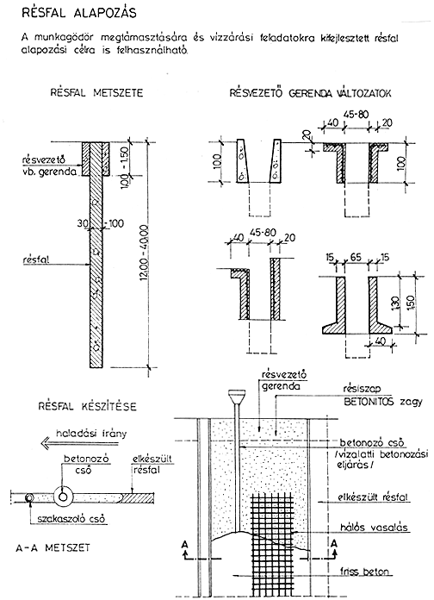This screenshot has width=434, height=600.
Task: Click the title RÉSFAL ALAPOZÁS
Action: (79, 13)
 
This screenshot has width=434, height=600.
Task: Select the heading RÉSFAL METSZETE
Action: (96, 93)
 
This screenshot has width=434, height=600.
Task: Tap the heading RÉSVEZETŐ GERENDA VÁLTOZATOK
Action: (310, 93)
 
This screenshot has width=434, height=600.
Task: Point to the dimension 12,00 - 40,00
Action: (144, 253)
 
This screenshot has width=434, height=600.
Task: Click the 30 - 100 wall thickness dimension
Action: (101, 223)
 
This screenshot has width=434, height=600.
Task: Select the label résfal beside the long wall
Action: (36, 260)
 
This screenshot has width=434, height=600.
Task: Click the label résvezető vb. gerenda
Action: (49, 166)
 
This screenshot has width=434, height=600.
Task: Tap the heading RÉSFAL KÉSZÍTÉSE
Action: (87, 406)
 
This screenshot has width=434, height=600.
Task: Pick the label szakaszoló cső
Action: (71, 519)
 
